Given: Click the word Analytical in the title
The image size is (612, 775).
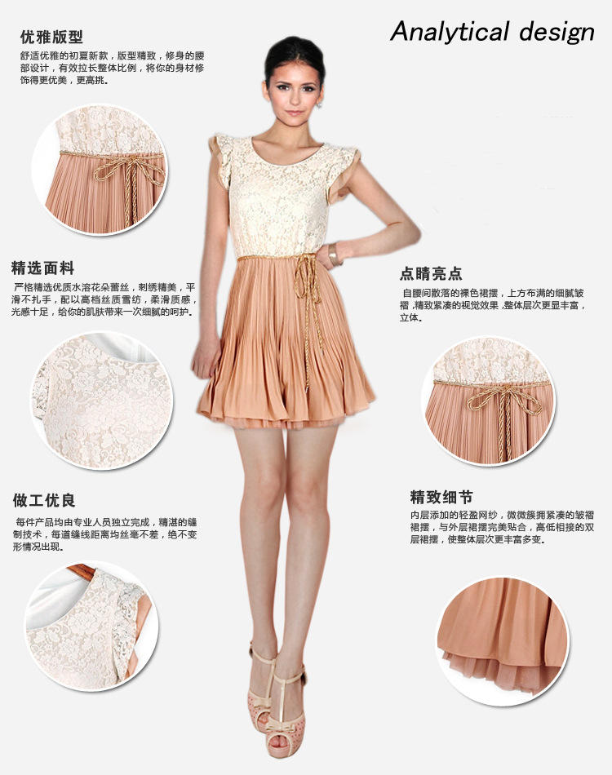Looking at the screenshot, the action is (x=450, y=32).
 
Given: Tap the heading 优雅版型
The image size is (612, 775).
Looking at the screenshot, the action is (x=51, y=37).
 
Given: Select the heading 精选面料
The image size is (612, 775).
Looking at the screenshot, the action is (x=43, y=268).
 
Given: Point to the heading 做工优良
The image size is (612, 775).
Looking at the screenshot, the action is (x=44, y=500).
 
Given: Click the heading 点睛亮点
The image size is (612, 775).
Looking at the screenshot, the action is (x=431, y=273).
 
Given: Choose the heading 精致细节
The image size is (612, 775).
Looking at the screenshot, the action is (x=441, y=497).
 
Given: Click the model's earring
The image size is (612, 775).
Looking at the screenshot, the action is (x=319, y=104).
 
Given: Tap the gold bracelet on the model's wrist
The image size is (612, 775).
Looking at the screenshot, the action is (x=333, y=255).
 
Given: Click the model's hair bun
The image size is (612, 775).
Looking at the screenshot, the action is (x=294, y=47).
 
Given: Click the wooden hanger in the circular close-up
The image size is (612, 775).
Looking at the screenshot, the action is (x=84, y=573).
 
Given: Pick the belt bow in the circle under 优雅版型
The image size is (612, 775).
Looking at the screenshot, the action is (x=130, y=170).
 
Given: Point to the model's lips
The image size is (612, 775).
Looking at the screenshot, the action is (x=294, y=113).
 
